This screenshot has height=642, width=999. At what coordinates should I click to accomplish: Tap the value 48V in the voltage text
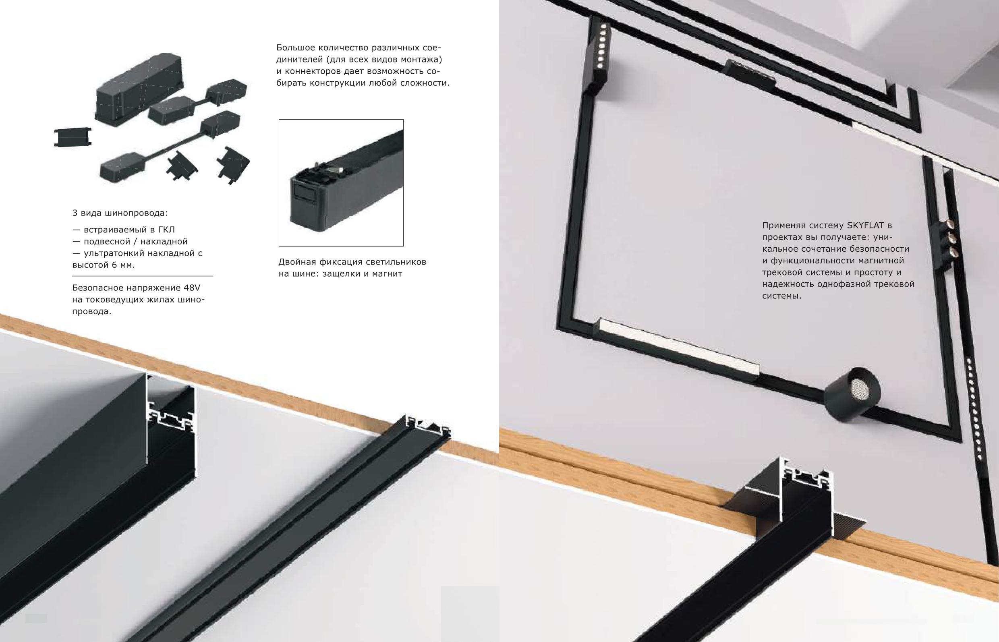coord(192,288)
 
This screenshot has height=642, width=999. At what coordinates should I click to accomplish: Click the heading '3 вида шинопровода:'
coord(120,213)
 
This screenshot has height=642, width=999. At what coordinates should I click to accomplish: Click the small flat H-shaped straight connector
coord(72,137)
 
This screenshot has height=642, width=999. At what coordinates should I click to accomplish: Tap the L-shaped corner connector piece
coord(232,165)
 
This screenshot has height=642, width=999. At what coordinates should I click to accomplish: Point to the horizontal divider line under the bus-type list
coord(142,276)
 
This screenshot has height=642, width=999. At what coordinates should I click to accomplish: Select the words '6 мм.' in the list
coord(123,265)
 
